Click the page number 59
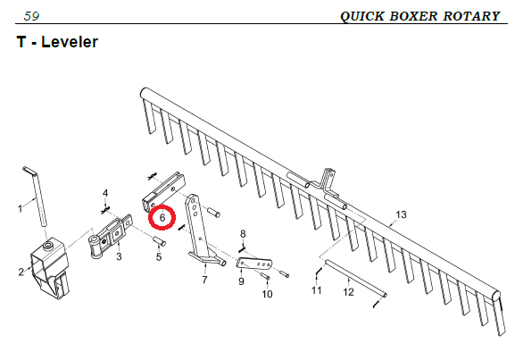click(32, 16)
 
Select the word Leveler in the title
click(70, 42)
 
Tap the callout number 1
click(20, 209)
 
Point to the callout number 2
click(21, 272)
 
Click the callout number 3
click(119, 256)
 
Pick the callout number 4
click(105, 193)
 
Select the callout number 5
click(159, 256)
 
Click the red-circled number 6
click(162, 218)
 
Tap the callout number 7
click(204, 280)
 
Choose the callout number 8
click(243, 234)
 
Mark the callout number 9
click(241, 281)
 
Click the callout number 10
click(267, 294)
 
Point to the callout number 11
click(317, 290)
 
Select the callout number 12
click(348, 292)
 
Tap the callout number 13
click(402, 214)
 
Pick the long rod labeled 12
click(356, 278)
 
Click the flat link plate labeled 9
click(254, 263)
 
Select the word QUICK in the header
click(362, 16)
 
